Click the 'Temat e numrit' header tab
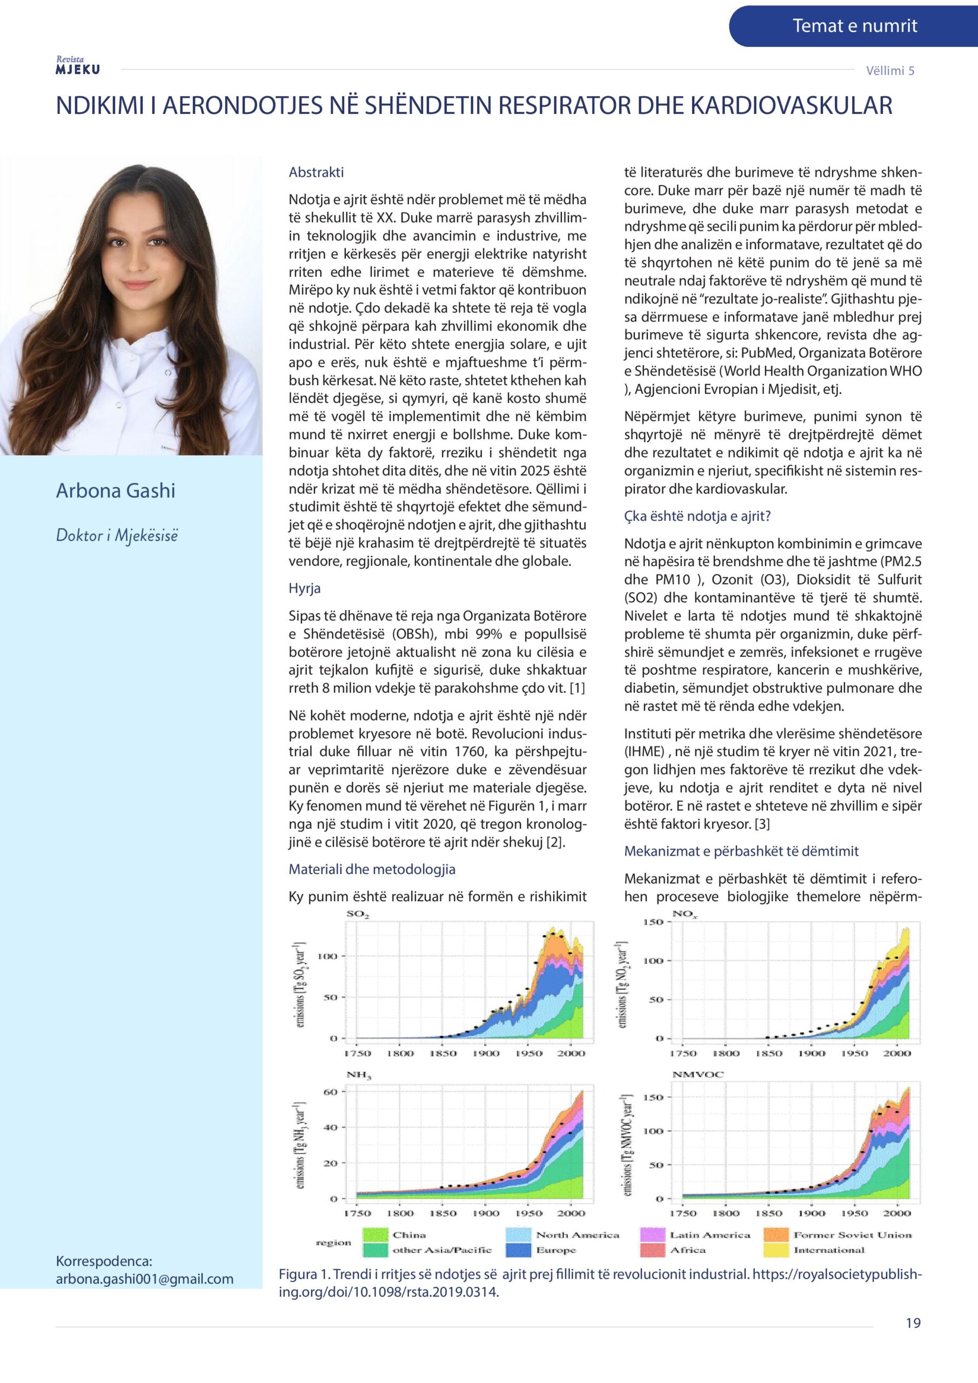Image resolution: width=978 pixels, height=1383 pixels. [854, 26]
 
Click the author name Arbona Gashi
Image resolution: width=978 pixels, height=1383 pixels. [116, 491]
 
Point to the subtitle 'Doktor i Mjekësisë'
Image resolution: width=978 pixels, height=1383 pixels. [117, 535]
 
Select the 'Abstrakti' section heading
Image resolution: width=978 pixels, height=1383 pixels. [316, 172]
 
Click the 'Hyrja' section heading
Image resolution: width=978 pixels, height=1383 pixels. [305, 588]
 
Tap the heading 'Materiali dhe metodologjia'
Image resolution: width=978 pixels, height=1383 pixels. [372, 869]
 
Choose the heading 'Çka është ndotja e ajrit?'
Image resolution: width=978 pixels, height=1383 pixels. [698, 516]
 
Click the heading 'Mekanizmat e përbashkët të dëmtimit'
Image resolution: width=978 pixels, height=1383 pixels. [741, 851]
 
